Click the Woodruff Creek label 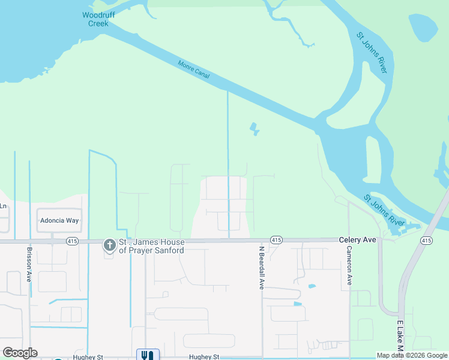tap(95, 19)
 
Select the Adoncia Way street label tap(59, 221)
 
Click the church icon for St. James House tap(109, 245)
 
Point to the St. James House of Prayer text tap(151, 246)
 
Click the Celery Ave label tap(357, 239)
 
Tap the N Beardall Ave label tap(262, 267)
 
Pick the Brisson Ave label tap(29, 265)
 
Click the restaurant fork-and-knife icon tap(148, 355)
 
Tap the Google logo tap(20, 353)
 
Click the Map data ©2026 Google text tap(412, 355)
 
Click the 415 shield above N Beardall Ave tap(276, 240)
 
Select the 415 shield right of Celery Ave tap(426, 241)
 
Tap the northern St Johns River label tap(372, 53)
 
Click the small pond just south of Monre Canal tap(255, 128)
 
